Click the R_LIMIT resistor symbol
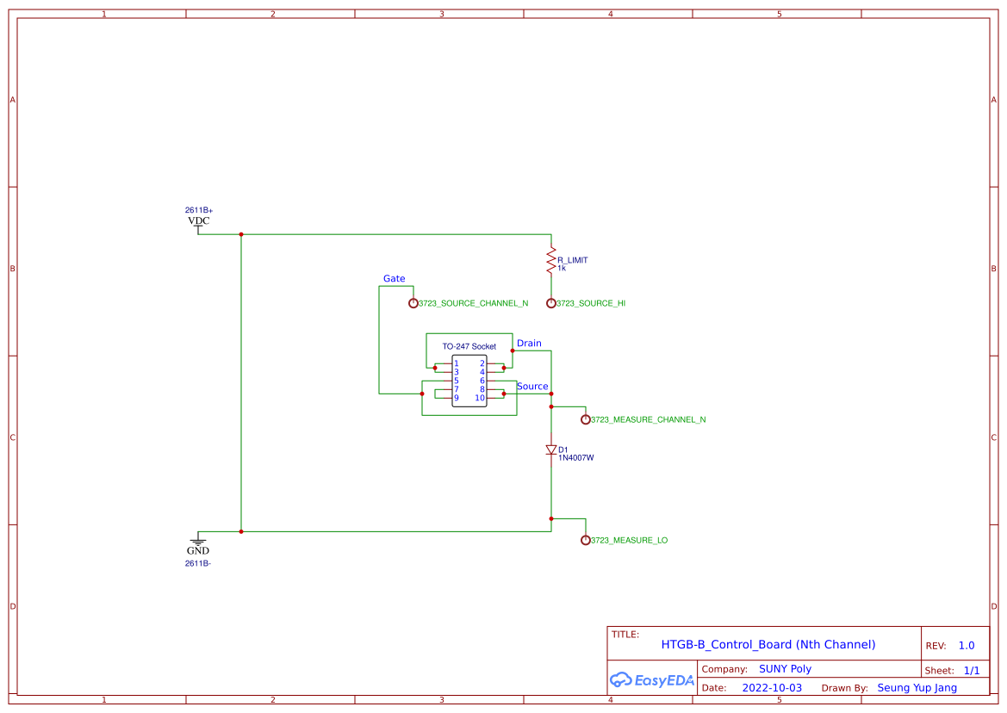551,259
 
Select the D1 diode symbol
551,449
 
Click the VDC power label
198,221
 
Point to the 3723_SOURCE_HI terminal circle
551,303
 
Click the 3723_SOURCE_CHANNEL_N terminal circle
413,303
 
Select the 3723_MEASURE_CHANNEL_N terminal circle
586,419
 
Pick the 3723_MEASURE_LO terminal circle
586,540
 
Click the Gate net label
394,279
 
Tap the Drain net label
529,344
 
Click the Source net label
531,387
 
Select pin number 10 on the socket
479,398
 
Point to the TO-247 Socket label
469,346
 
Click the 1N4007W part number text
575,458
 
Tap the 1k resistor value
561,268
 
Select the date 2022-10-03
772,688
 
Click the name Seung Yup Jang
917,688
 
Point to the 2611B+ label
198,210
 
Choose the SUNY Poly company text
785,669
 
